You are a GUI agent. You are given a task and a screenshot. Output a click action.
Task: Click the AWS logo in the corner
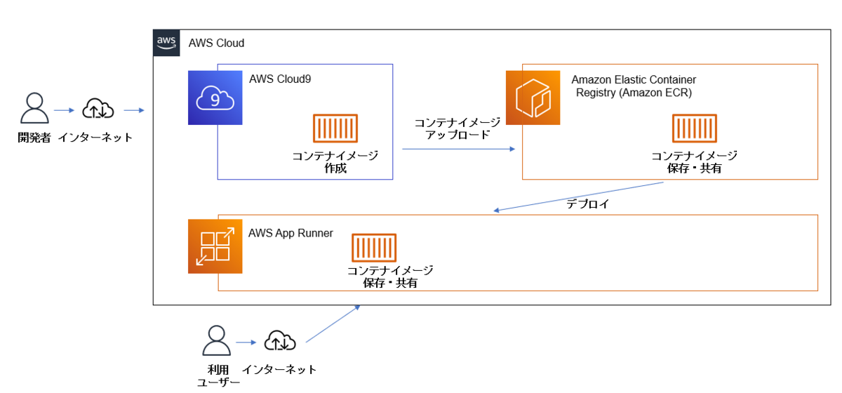[x=166, y=42]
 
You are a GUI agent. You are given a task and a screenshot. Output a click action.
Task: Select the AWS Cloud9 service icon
[x=215, y=98]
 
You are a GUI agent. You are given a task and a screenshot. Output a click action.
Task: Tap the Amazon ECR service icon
[x=533, y=98]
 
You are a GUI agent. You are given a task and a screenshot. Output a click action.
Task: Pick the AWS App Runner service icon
[x=215, y=246]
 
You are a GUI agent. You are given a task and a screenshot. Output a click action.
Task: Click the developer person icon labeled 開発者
[x=34, y=109]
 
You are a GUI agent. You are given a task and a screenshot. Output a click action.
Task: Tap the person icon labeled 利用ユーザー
[x=216, y=341]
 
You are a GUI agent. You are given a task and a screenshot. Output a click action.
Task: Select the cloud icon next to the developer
[x=98, y=109]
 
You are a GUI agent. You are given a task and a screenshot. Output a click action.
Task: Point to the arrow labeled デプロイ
[x=579, y=196]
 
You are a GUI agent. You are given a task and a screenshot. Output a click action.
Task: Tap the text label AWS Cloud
[x=216, y=43]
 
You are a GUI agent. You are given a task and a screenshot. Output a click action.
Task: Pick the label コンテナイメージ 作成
[x=335, y=162]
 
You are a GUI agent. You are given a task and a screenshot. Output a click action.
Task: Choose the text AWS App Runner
[x=290, y=233]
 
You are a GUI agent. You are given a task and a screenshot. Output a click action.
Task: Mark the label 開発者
[x=34, y=138]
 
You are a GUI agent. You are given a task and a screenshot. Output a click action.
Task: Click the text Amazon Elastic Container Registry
[x=634, y=86]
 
